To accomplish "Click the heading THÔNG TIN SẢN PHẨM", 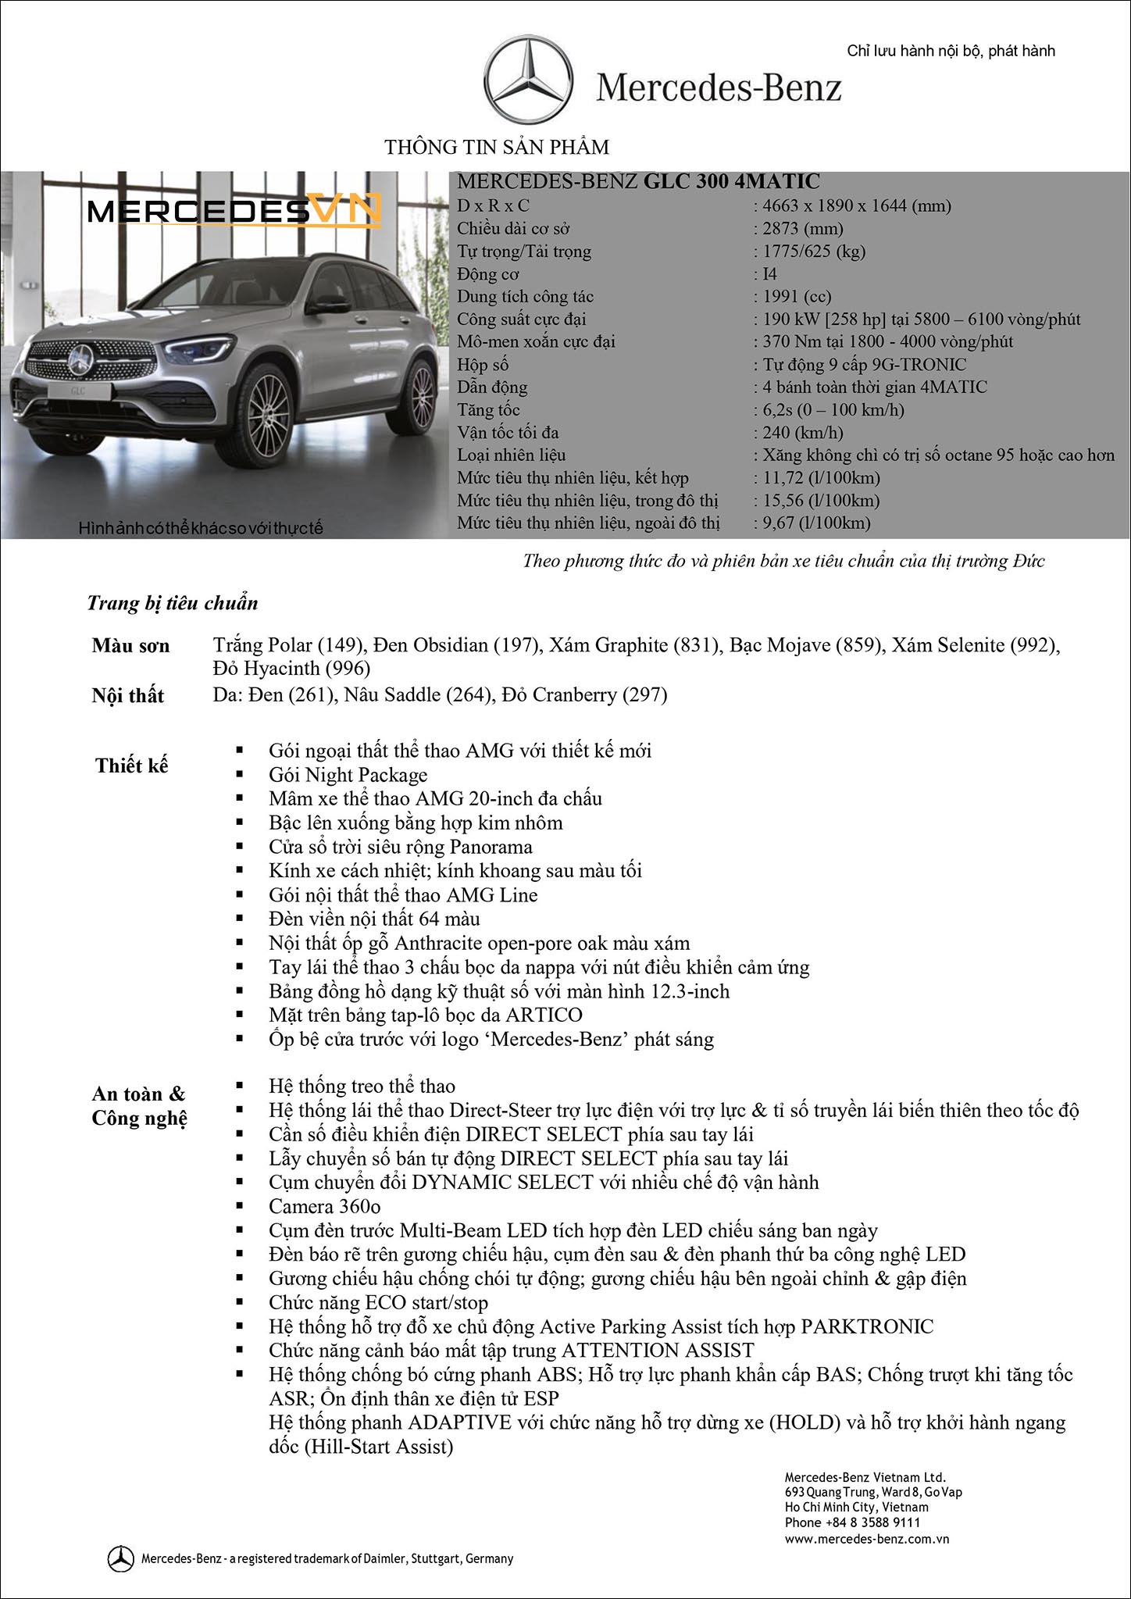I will [497, 147].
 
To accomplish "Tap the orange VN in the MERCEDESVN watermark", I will [344, 210].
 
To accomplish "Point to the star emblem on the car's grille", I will [79, 360].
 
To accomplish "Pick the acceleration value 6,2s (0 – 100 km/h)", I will [833, 410].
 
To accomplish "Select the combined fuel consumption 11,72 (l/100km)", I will [821, 478].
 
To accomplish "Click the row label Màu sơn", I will [130, 646].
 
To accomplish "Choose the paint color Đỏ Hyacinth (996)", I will [291, 669].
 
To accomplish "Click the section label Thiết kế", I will [131, 766].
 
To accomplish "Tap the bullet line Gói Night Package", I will [348, 775].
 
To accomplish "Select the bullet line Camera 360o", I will [324, 1207].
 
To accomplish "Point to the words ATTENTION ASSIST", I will [658, 1351].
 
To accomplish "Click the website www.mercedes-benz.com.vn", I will [866, 1540].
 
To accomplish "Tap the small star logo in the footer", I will [120, 1558].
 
